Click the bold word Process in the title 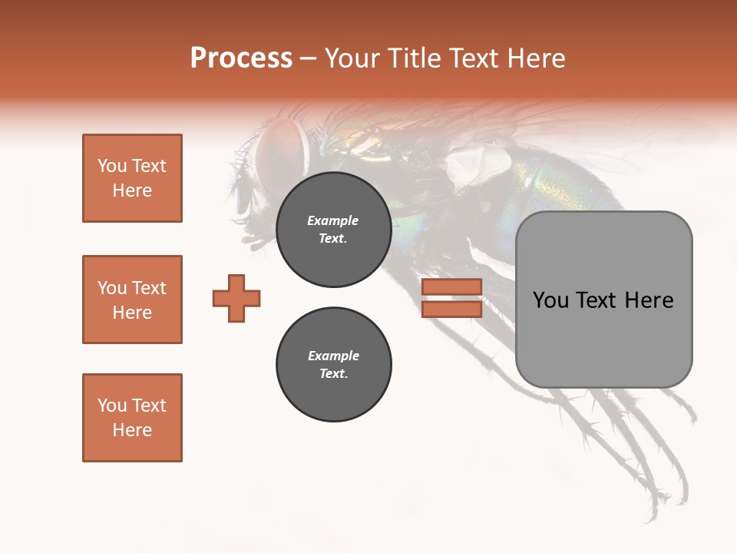[241, 58]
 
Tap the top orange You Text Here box [132, 178]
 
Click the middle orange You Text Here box [132, 300]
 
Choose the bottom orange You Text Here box [132, 417]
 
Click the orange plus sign [236, 298]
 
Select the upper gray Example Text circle [333, 230]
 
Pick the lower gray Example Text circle [333, 365]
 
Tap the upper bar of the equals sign [451, 287]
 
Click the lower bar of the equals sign [451, 309]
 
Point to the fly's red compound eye [280, 148]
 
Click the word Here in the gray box [649, 300]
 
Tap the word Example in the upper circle [333, 221]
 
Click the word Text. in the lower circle [333, 374]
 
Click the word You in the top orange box [112, 166]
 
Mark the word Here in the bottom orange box [132, 430]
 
